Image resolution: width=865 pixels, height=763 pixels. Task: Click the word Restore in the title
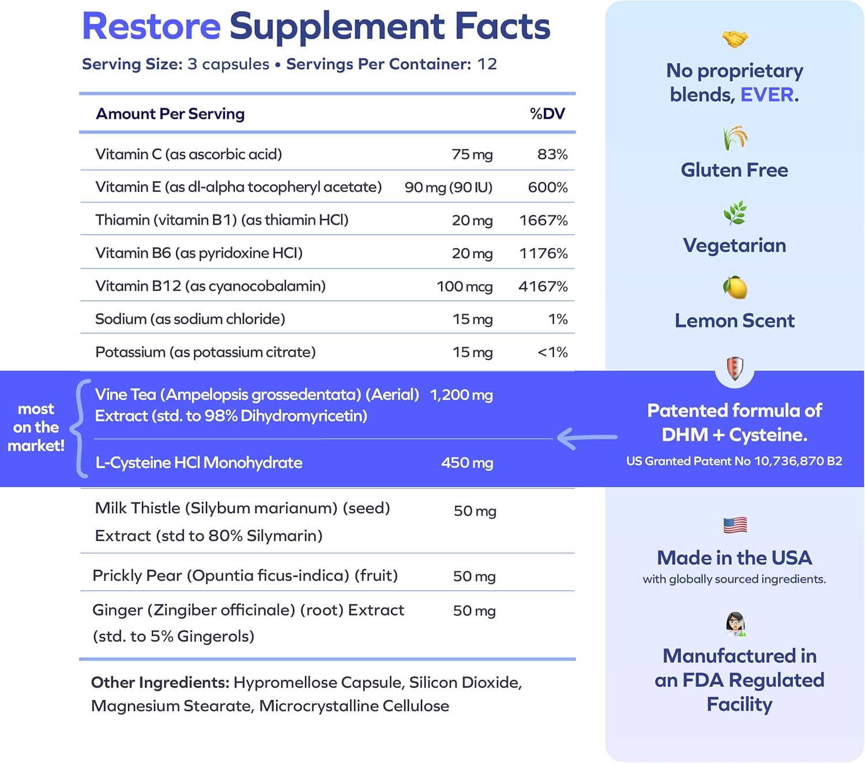[151, 27]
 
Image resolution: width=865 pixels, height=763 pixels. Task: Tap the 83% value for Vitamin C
[552, 154]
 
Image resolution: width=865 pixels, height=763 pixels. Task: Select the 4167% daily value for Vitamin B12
[543, 286]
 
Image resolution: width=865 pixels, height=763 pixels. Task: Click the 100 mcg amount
[464, 286]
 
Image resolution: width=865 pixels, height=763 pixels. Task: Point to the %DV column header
[547, 114]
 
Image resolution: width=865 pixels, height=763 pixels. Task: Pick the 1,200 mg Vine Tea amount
[461, 395]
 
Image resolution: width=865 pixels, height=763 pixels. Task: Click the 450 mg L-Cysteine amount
[467, 463]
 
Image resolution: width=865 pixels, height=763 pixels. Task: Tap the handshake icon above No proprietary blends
[735, 39]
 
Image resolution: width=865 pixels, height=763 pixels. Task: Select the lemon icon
[735, 288]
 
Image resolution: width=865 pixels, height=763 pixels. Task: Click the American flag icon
[735, 525]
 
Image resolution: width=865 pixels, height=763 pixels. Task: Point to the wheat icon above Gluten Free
[735, 138]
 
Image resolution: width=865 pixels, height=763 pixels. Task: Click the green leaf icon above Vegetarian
[735, 213]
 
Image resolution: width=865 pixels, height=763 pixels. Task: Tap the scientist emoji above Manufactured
[735, 624]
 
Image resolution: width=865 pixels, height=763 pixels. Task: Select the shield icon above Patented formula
[735, 368]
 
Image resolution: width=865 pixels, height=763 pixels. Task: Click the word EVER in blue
[766, 95]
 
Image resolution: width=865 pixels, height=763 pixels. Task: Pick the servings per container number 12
[487, 64]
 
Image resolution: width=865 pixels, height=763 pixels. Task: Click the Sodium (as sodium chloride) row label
[190, 319]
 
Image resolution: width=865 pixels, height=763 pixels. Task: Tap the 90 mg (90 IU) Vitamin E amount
[448, 187]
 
